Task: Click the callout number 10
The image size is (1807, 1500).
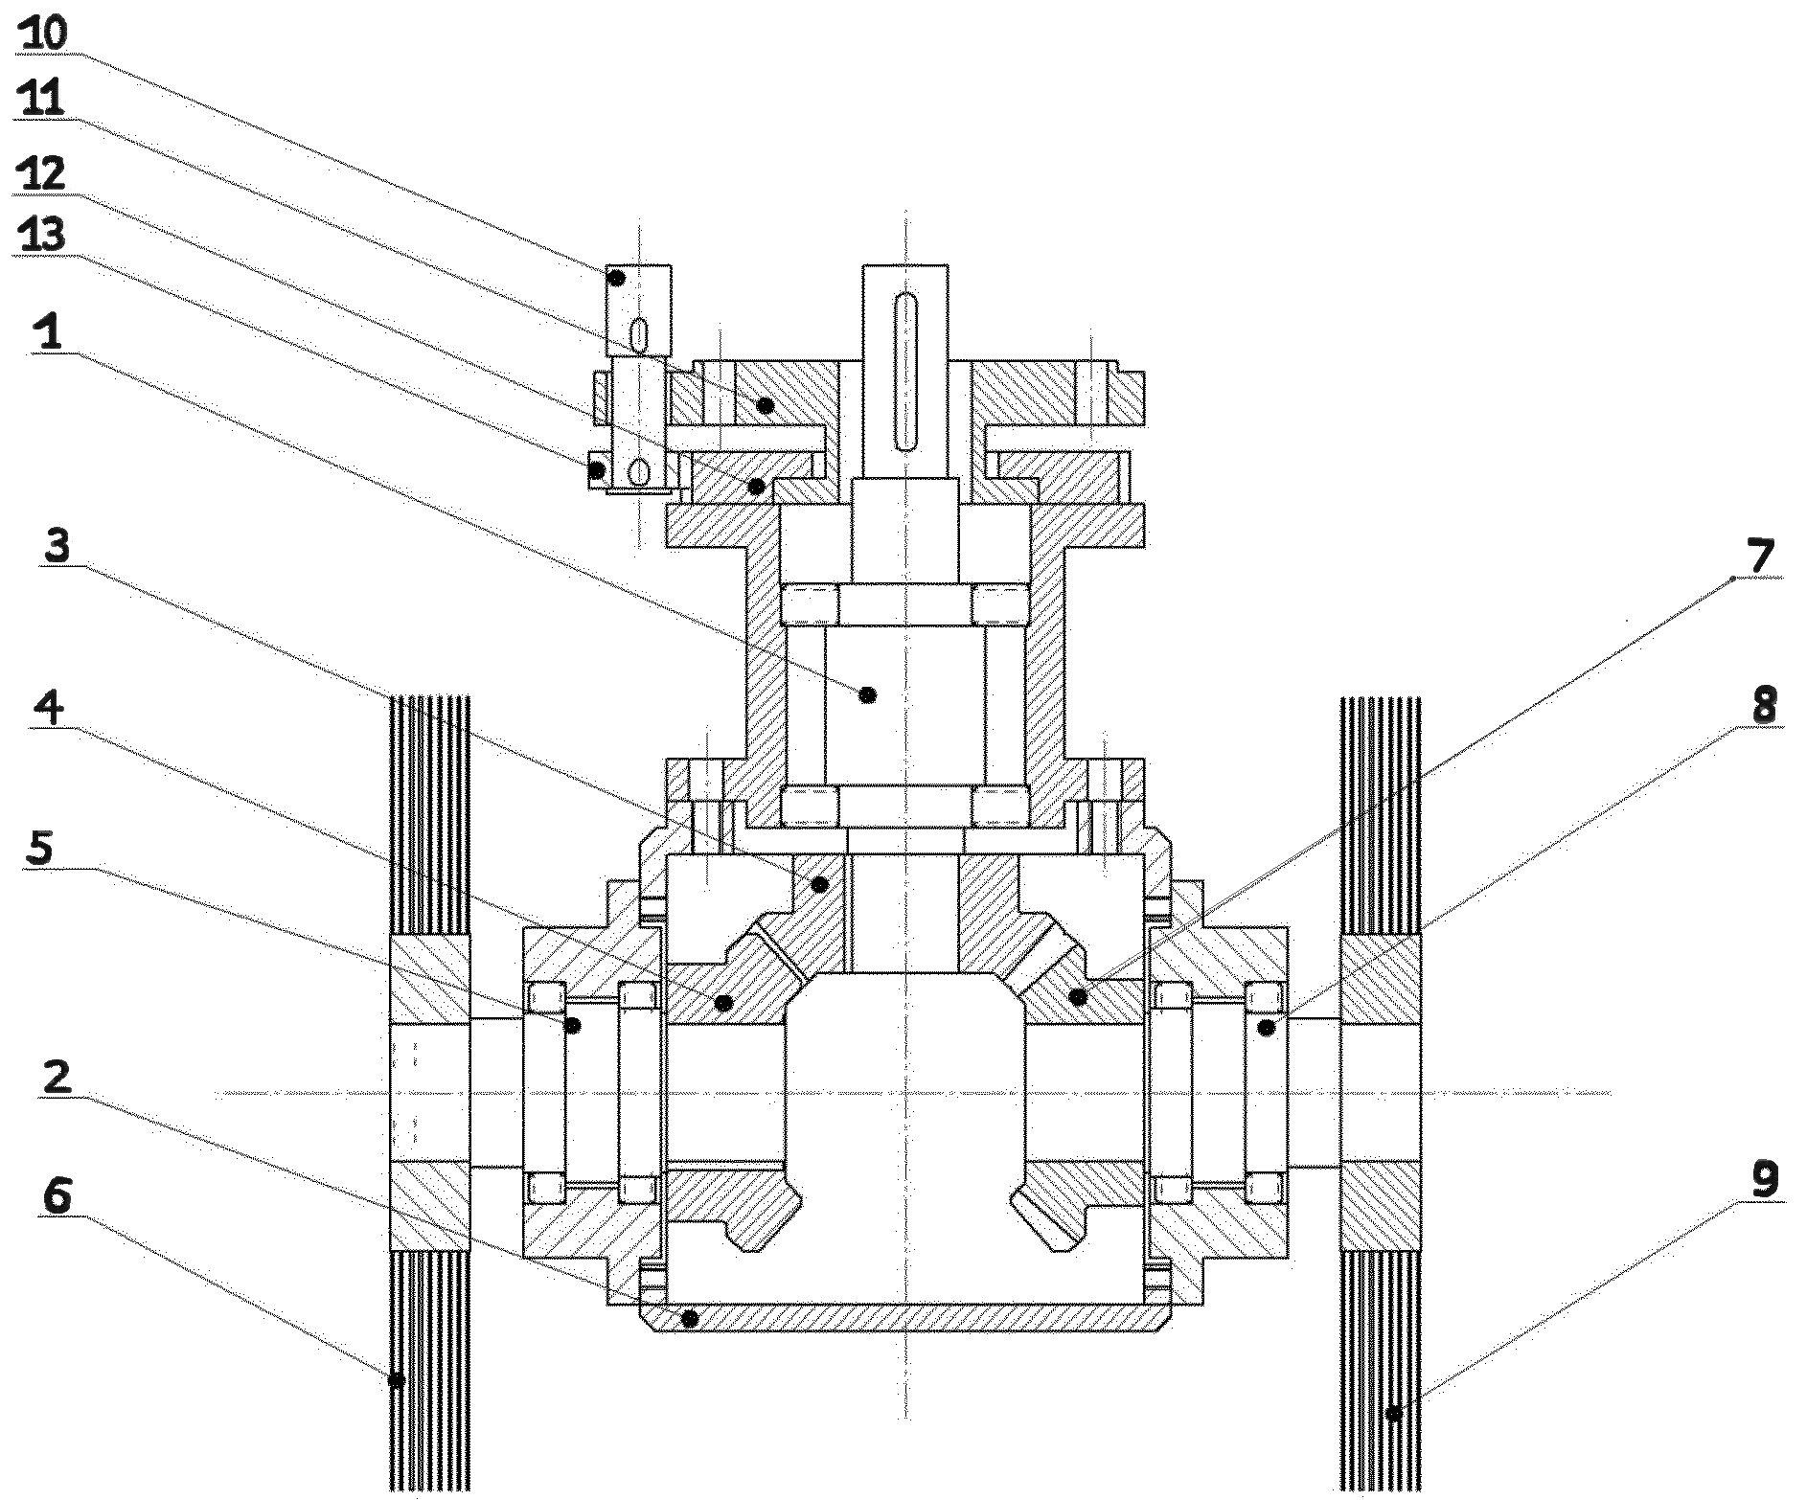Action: [x=43, y=34]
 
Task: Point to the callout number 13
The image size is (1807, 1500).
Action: [x=42, y=233]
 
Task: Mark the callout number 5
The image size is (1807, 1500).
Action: [x=40, y=849]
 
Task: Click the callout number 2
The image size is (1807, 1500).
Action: [x=58, y=1080]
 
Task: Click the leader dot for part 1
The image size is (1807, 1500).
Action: [x=869, y=694]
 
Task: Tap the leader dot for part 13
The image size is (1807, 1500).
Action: [x=597, y=469]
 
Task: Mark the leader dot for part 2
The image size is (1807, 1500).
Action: [x=689, y=1319]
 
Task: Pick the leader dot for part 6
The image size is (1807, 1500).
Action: [x=396, y=1380]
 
